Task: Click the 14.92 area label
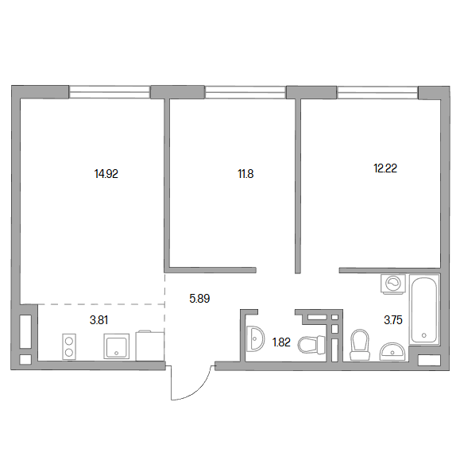(x=106, y=174)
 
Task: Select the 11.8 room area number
(x=245, y=174)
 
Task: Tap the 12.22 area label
(x=385, y=168)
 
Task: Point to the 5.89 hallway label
(x=199, y=299)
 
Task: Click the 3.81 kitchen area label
(x=99, y=320)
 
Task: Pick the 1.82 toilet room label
(x=281, y=342)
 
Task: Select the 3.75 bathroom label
(x=393, y=320)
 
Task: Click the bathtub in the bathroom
(x=424, y=310)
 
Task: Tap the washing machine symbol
(x=393, y=284)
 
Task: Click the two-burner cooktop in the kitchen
(x=69, y=346)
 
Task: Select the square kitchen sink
(x=117, y=346)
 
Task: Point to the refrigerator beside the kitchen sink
(x=150, y=346)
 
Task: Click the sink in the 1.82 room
(x=255, y=338)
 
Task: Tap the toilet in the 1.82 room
(x=311, y=345)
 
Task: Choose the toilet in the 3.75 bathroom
(x=360, y=345)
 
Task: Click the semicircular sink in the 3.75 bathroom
(x=392, y=351)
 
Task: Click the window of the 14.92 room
(x=110, y=92)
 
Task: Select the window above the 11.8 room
(x=245, y=92)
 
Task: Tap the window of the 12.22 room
(x=377, y=92)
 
